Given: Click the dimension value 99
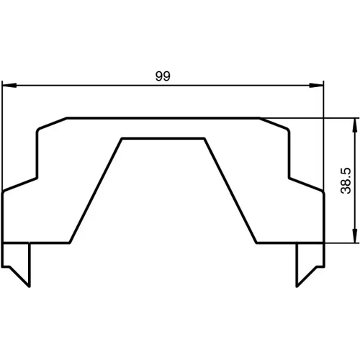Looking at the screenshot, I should [x=162, y=77].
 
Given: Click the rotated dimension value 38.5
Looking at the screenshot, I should [x=345, y=181].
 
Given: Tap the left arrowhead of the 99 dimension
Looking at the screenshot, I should [x=9, y=86].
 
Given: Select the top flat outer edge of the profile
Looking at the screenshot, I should [x=163, y=118].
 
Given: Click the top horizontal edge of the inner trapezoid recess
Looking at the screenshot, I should [x=163, y=138].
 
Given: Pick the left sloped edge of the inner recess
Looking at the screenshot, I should [x=96, y=190].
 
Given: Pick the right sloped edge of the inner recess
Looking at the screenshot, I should [x=230, y=190].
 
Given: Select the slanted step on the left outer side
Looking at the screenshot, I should [x=20, y=184].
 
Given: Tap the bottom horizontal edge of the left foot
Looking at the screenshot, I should [x=36, y=243].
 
